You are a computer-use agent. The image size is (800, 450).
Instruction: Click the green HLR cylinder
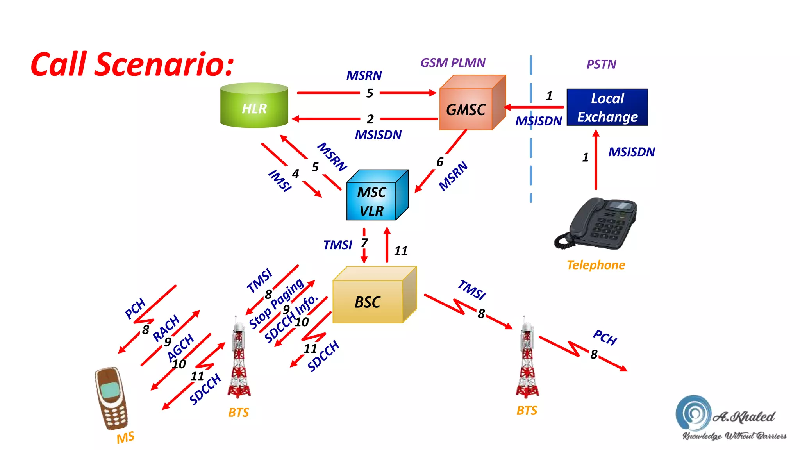pos(254,105)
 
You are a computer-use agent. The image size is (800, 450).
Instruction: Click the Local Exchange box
pos(607,107)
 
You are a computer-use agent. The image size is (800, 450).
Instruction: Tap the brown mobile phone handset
pos(111,398)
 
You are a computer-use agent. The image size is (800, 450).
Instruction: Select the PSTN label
pos(602,64)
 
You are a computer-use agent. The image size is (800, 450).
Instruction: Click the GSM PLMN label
pos(453,62)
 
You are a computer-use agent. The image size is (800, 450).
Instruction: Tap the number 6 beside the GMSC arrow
pos(440,162)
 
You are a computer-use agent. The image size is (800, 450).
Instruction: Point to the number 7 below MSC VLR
pos(364,243)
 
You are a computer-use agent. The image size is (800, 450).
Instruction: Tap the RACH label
pos(166,328)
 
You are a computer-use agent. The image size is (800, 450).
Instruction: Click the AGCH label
pos(180,347)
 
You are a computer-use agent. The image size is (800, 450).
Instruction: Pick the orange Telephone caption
pos(596,265)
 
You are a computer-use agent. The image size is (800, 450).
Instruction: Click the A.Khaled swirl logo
pos(693,413)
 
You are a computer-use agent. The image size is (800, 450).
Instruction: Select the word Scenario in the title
pos(164,64)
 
